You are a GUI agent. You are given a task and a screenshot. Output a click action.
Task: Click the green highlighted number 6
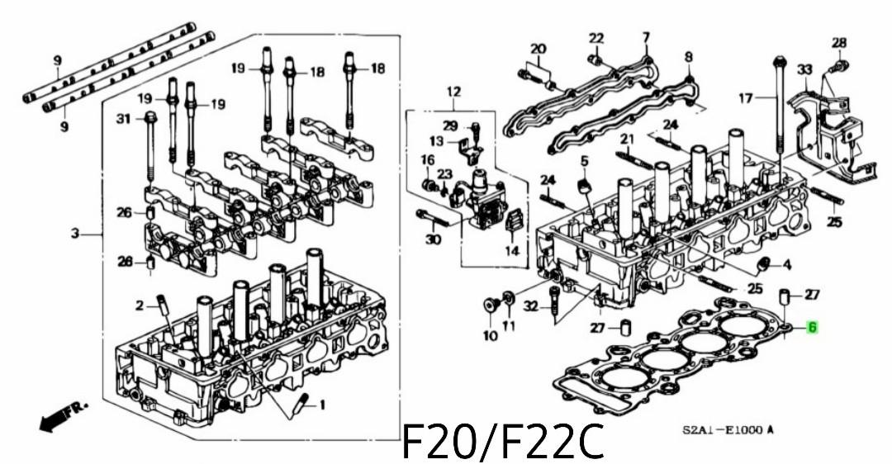812,328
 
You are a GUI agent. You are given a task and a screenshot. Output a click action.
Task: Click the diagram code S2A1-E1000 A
728,430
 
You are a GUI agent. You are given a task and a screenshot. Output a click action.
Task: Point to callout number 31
124,119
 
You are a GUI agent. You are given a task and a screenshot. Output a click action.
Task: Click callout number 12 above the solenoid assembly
453,91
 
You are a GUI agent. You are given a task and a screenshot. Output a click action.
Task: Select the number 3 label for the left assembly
74,234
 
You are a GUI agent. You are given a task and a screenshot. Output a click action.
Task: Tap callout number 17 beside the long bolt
746,98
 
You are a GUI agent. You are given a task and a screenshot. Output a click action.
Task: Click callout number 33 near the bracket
804,71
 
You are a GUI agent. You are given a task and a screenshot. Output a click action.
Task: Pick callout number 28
838,43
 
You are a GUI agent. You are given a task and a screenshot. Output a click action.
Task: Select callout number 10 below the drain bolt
490,335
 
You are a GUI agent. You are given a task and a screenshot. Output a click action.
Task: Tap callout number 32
532,306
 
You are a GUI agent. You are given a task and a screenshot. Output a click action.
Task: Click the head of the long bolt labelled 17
780,61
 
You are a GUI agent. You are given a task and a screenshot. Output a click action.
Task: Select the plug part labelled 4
764,264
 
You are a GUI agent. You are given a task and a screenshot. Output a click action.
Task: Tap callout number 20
538,49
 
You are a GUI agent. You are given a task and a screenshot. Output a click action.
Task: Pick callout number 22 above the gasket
596,38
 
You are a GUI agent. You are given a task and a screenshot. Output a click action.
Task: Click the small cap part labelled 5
584,183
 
